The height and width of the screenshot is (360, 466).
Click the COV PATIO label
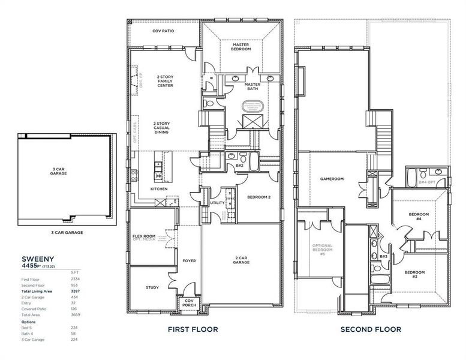pos(163,31)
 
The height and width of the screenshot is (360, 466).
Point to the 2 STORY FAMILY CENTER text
pos(165,81)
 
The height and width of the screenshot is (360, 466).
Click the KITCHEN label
pos(158,189)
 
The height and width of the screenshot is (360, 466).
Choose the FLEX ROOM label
pos(144,236)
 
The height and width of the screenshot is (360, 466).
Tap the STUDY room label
pos(152,287)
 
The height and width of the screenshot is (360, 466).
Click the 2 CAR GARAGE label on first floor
pos(242,260)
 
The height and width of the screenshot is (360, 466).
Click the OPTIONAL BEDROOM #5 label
pos(322,250)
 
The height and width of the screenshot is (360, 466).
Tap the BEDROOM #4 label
pos(419,216)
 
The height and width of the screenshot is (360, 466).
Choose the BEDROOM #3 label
pos(414,274)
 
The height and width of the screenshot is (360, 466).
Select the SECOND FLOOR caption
pos(371,329)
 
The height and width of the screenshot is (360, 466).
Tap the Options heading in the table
pos(29,321)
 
